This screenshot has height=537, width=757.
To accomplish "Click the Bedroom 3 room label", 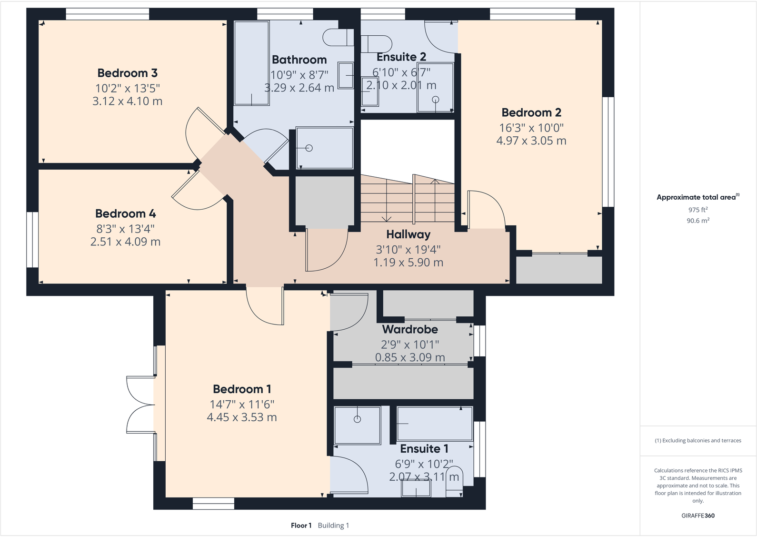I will click(127, 73).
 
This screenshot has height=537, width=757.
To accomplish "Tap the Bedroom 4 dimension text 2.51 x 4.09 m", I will click(125, 242).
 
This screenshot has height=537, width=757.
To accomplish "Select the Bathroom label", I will click(299, 60).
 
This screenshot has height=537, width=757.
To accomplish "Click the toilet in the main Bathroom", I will click(337, 37).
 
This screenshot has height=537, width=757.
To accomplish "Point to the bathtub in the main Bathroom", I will click(251, 62).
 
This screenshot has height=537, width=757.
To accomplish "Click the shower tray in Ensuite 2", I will click(435, 88).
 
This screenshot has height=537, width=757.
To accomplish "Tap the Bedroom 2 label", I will click(531, 112).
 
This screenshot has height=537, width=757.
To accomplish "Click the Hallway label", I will click(408, 234).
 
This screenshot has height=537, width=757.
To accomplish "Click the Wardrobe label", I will click(410, 329).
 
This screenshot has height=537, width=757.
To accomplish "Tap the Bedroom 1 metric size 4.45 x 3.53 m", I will click(242, 417).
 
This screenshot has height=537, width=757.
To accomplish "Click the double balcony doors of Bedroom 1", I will click(140, 405).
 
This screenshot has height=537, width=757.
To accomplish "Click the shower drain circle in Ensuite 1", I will click(357, 419).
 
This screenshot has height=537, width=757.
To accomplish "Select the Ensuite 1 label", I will click(424, 449).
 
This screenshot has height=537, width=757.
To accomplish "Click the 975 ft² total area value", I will click(697, 210).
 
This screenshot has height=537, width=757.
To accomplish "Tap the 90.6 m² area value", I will click(697, 221).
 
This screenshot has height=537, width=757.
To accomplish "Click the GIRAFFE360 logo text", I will click(697, 516).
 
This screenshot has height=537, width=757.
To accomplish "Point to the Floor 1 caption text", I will click(301, 526).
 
